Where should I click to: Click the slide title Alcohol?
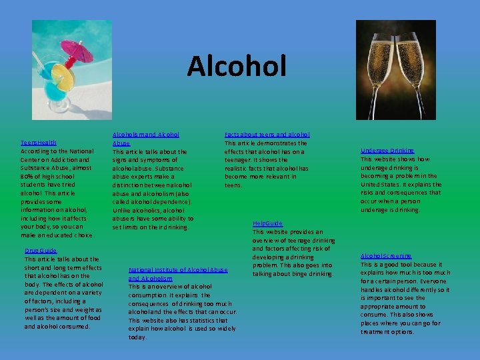[x=237, y=66]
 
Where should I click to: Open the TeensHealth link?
[x=38, y=143]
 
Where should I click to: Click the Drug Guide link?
[x=41, y=251]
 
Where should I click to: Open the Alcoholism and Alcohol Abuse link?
[x=145, y=139]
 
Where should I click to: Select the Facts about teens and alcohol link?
[x=267, y=135]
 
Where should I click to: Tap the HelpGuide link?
[x=267, y=223]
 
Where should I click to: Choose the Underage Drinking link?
[x=387, y=151]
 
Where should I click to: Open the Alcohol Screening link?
[x=386, y=256]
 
